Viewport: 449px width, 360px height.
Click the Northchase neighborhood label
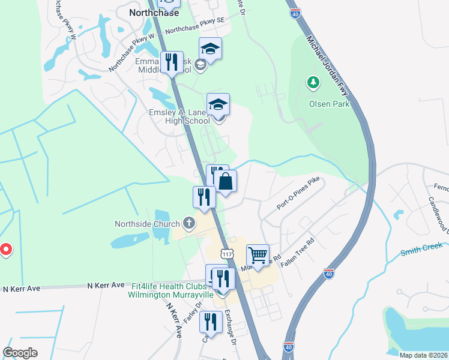[152, 11]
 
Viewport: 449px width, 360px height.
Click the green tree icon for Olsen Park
[312, 82]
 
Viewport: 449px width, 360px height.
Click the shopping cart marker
[258, 256]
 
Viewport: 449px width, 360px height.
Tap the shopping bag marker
[225, 182]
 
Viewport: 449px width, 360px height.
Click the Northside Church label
[147, 224]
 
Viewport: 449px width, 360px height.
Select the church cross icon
[189, 224]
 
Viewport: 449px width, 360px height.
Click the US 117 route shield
[226, 254]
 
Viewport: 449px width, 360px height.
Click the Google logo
[20, 353]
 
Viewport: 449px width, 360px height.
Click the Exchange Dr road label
[231, 327]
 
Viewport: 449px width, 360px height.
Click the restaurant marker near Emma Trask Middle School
[172, 62]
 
